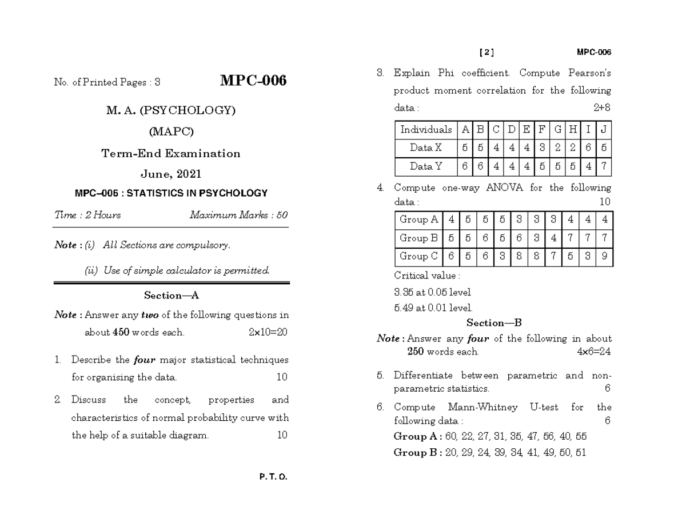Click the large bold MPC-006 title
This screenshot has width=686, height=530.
click(x=253, y=81)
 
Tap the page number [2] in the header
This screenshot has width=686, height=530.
click(x=486, y=53)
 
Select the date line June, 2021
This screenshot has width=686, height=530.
click(x=171, y=174)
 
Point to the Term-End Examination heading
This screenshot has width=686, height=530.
click(x=171, y=153)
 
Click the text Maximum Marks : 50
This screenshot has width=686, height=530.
click(x=238, y=215)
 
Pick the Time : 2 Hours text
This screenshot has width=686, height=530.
click(x=87, y=215)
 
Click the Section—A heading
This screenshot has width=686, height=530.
click(x=171, y=295)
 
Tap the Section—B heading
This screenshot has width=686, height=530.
click(x=494, y=322)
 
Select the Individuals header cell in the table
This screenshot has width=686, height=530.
click(x=426, y=130)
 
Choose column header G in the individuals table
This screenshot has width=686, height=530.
click(x=557, y=130)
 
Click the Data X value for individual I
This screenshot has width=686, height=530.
click(x=589, y=148)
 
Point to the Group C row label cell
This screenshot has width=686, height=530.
click(x=419, y=257)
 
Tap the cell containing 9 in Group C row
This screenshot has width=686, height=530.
click(x=604, y=257)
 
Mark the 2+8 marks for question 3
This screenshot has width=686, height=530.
click(x=602, y=107)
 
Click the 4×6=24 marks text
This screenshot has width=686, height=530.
click(x=594, y=352)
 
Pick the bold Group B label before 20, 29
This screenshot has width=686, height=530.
click(x=417, y=453)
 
